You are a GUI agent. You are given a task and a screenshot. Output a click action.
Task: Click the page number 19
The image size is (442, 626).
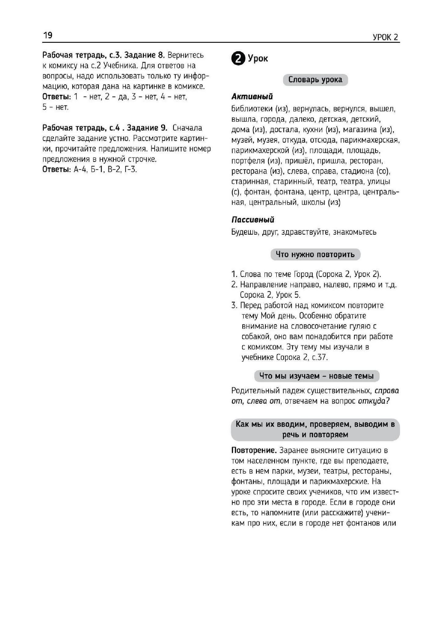48,35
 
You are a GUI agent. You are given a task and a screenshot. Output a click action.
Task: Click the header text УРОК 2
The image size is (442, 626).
385,37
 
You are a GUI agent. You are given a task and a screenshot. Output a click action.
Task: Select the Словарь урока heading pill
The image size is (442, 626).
315,80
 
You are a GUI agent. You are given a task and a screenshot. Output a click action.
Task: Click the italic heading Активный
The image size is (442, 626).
252,97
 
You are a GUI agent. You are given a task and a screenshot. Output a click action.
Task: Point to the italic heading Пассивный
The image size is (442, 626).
253,220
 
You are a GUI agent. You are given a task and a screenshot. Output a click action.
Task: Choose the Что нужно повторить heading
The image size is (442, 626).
315,254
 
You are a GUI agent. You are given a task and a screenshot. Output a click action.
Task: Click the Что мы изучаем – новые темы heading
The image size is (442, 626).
316,376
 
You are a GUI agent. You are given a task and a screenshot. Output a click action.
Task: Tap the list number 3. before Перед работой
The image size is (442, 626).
234,305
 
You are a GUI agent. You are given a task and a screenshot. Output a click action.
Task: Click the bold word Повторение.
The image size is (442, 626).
254,450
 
